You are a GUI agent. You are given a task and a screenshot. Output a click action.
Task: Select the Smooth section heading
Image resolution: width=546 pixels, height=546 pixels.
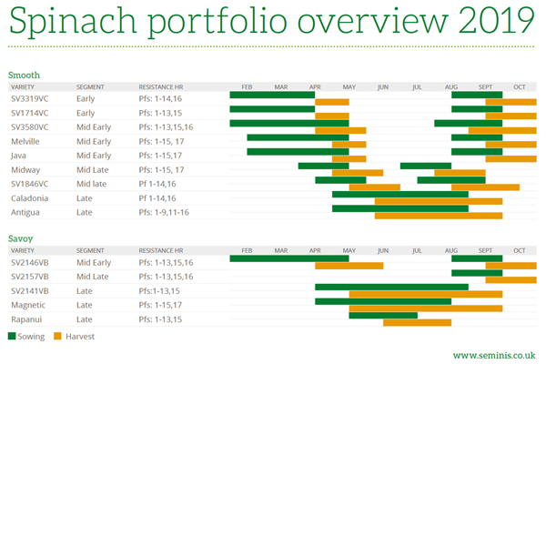coord(24,75)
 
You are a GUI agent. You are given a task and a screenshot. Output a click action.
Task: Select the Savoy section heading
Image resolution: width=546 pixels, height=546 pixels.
coord(21,238)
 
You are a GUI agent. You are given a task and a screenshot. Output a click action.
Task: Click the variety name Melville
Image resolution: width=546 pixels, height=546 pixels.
coord(25,142)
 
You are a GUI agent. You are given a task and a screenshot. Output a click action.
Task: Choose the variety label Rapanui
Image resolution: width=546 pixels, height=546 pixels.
coord(26,319)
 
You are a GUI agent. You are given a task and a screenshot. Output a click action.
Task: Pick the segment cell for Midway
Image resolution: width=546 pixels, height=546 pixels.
coord(92,169)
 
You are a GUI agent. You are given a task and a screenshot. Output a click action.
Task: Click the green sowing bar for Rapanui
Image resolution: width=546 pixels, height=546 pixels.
coord(383,316)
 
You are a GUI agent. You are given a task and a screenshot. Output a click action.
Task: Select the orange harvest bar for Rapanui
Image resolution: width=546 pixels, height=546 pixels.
coord(417,322)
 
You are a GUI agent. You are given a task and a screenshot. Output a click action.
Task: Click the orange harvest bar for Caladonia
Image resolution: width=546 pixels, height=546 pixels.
coord(438,201)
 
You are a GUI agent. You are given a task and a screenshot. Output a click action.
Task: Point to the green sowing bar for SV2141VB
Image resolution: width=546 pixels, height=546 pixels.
coord(391,287)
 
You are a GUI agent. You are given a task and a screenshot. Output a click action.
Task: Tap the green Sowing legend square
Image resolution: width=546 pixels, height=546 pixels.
coord(12,336)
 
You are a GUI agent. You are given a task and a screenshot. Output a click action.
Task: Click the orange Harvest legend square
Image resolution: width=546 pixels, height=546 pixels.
coord(57,336)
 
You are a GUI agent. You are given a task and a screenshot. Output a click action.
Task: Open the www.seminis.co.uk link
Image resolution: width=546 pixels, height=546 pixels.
coord(493,355)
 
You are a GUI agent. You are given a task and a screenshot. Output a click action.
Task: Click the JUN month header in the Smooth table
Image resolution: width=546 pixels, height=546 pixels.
coord(383,86)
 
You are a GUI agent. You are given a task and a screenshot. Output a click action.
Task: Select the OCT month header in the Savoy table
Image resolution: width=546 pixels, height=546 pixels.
coord(519,250)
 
